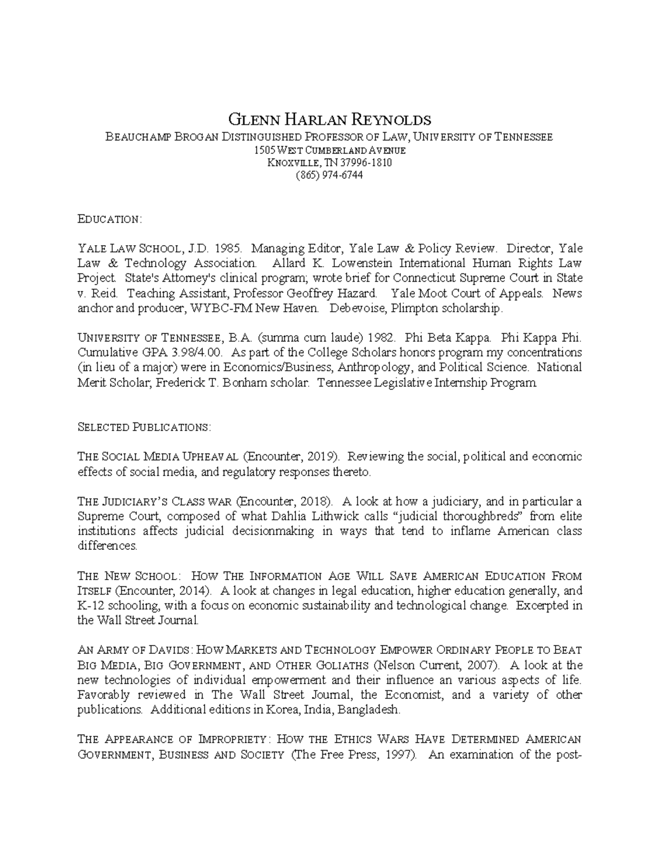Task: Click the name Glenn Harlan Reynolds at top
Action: point(329,119)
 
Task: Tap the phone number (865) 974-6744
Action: point(329,175)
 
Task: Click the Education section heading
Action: point(109,219)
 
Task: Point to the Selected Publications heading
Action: point(144,427)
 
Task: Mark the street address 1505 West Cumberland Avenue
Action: point(329,150)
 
